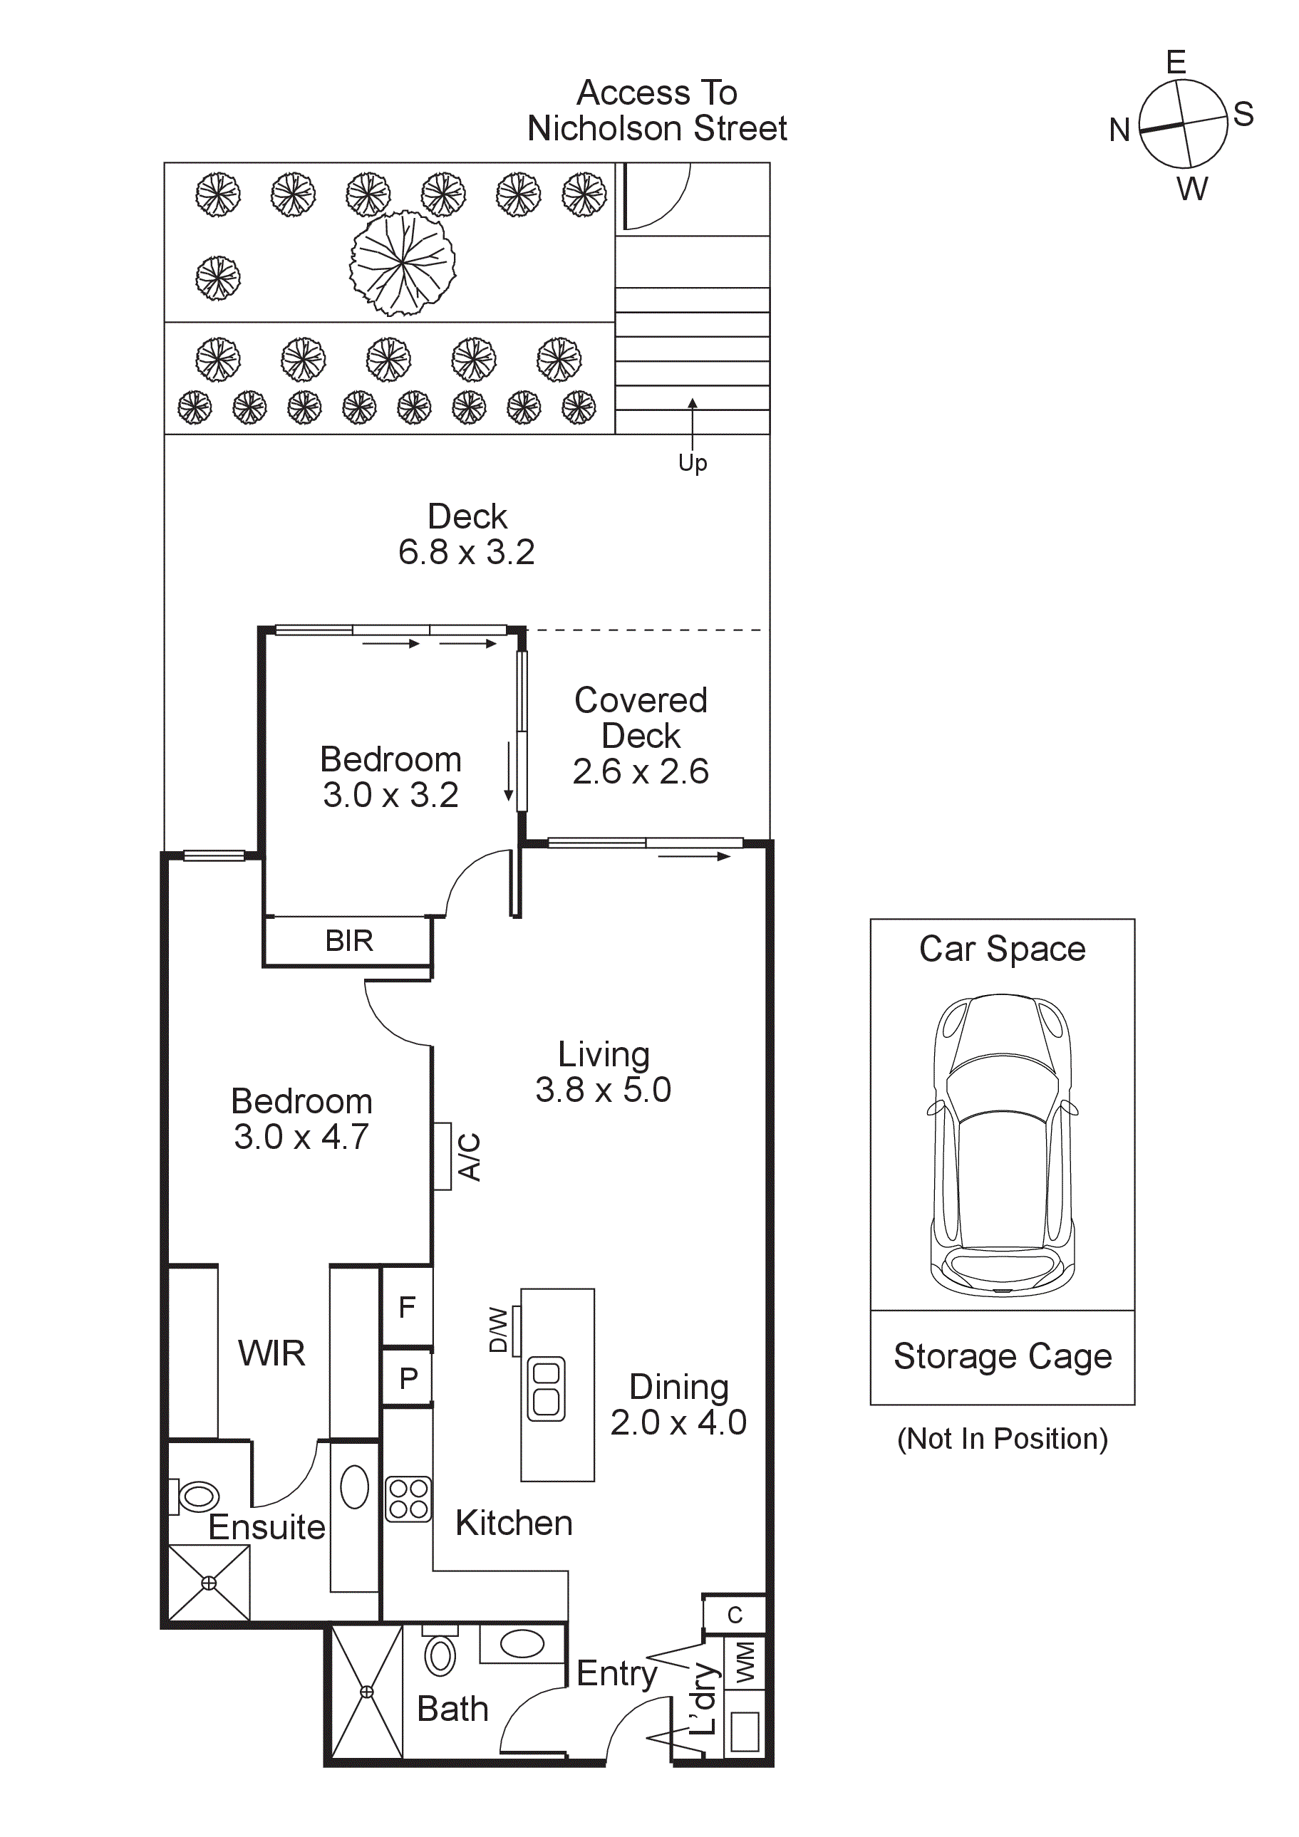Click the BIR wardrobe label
tap(349, 941)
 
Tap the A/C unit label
tap(470, 1157)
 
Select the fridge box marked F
tap(407, 1307)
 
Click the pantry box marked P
tap(408, 1378)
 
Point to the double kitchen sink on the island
tap(547, 1389)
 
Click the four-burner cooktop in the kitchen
tap(408, 1499)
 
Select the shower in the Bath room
tap(366, 1692)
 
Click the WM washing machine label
tap(745, 1662)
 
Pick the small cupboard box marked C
tap(735, 1615)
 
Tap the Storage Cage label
tap(1002, 1357)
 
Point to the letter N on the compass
tap(1119, 130)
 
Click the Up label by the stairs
tap(693, 463)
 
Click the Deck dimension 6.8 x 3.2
tap(467, 552)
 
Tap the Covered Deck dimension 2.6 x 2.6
tap(641, 771)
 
